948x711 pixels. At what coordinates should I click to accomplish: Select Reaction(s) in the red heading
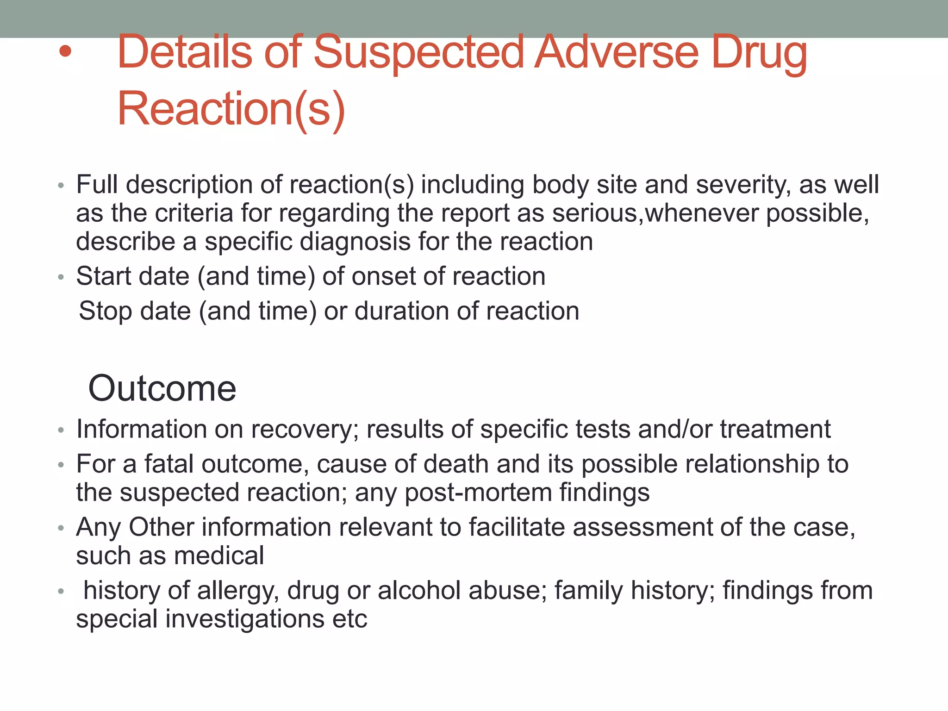tap(231, 109)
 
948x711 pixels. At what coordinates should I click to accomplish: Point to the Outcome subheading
tap(162, 388)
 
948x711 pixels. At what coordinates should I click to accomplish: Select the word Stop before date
tap(106, 311)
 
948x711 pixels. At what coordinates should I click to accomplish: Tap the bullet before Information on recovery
tap(61, 430)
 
